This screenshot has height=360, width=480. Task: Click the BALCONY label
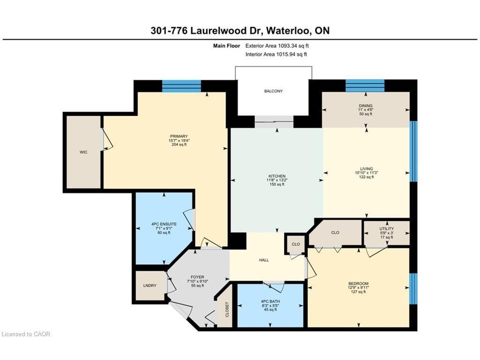[x=273, y=91]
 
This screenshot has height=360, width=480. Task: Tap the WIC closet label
[x=83, y=152]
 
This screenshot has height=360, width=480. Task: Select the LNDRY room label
[x=150, y=285]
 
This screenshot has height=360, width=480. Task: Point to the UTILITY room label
[x=386, y=229]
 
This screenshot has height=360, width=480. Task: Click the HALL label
[x=264, y=260]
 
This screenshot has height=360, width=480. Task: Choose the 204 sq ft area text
[x=179, y=144]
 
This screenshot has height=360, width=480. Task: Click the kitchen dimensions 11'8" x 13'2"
[x=277, y=180]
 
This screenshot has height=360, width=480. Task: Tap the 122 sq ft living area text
[x=367, y=177]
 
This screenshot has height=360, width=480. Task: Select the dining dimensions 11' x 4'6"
[x=366, y=110]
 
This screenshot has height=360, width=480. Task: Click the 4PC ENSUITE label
[x=164, y=224]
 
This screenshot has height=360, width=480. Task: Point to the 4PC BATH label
[x=270, y=301]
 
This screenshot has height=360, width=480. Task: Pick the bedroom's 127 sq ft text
[x=359, y=292]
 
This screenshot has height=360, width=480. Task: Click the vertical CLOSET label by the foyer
[x=227, y=309]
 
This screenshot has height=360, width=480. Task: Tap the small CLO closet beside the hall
[x=296, y=244]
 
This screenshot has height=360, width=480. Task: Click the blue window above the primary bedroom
[x=181, y=86]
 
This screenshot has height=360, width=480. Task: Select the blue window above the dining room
[x=365, y=86]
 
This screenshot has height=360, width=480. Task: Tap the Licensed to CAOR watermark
[x=26, y=334]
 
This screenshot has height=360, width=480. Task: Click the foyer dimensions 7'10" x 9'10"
[x=197, y=281]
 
